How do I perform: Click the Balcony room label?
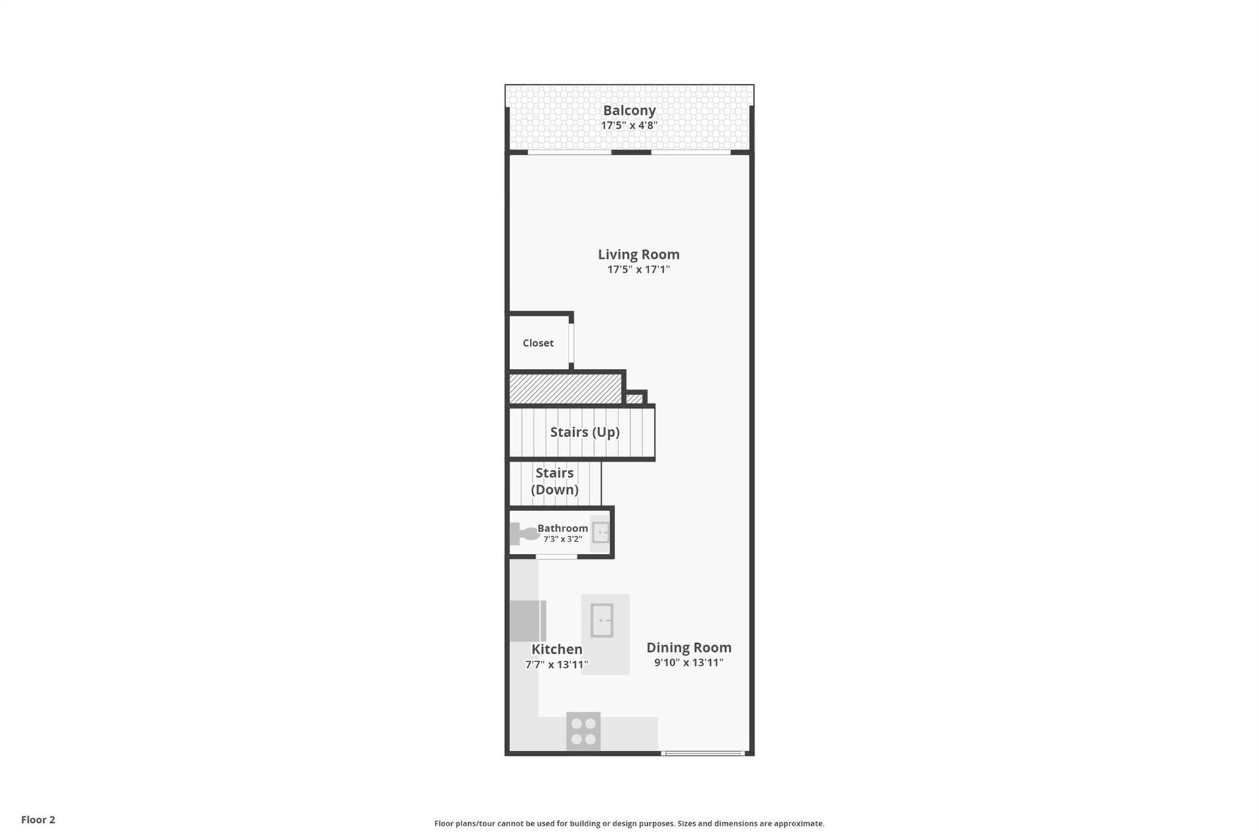[x=629, y=111]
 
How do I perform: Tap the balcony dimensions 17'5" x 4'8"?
[x=629, y=125]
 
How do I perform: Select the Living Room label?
[x=638, y=255]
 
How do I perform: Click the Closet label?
[x=538, y=343]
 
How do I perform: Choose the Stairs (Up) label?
[x=584, y=432]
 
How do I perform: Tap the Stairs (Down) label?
[x=555, y=481]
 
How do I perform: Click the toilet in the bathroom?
[x=525, y=534]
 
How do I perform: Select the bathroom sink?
[x=601, y=532]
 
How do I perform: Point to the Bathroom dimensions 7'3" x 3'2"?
[x=563, y=539]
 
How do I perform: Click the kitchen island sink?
[x=601, y=620]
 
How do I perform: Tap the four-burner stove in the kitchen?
[x=583, y=732]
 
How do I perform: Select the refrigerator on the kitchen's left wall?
[x=528, y=620]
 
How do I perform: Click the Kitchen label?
[x=557, y=650]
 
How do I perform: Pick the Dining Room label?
[x=689, y=648]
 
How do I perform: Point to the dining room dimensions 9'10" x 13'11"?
[x=689, y=663]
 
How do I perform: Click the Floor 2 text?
[x=38, y=820]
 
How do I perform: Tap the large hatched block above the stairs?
[x=565, y=388]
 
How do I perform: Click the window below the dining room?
[x=703, y=753]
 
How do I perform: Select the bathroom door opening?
[x=556, y=557]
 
